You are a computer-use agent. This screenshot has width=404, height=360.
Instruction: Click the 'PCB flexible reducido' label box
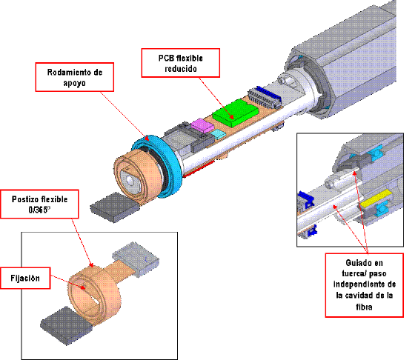point(181,63)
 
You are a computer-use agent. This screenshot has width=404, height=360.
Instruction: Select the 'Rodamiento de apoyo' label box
point(74,77)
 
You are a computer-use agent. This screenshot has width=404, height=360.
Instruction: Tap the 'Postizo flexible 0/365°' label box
point(39,204)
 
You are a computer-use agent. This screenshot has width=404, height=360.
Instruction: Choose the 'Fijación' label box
point(25,278)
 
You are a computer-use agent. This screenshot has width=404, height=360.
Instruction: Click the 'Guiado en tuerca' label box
point(364,285)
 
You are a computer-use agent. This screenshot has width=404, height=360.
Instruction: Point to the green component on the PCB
point(236,113)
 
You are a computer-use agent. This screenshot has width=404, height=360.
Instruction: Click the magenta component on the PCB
point(202,125)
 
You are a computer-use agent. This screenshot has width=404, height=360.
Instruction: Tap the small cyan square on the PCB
point(218,133)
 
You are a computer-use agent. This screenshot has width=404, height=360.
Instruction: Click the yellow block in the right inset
point(376,199)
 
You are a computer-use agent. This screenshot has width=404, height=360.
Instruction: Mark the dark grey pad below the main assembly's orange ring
point(115,207)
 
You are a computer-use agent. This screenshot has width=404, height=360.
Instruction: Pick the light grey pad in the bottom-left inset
point(136,259)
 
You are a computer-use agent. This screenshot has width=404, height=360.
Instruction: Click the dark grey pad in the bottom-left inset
point(67,325)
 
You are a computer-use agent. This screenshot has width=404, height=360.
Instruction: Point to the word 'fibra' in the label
point(364,307)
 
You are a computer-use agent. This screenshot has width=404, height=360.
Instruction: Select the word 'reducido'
point(181,69)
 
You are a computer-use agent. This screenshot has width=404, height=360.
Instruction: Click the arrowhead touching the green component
point(232,117)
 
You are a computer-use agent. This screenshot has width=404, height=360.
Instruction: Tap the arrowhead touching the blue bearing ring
point(147,138)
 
